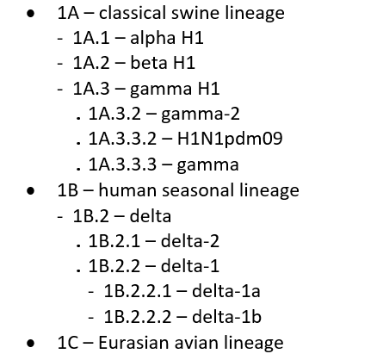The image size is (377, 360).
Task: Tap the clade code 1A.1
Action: [x=91, y=38]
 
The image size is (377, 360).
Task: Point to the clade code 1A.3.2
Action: [x=114, y=114]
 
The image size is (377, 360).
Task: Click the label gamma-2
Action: [x=201, y=115]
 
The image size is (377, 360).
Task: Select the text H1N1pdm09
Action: [x=230, y=140]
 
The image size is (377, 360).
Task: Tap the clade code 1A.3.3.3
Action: [x=122, y=164]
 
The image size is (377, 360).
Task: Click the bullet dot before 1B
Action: [x=30, y=190]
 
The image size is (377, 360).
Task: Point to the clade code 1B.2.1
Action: [x=114, y=241]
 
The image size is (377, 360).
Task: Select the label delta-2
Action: [x=190, y=240]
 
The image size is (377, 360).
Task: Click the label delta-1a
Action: [x=226, y=291]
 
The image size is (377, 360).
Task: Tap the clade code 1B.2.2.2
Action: [x=138, y=317]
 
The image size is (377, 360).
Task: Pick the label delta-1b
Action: [x=226, y=316]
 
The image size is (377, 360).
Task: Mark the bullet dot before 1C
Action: [x=30, y=343]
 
